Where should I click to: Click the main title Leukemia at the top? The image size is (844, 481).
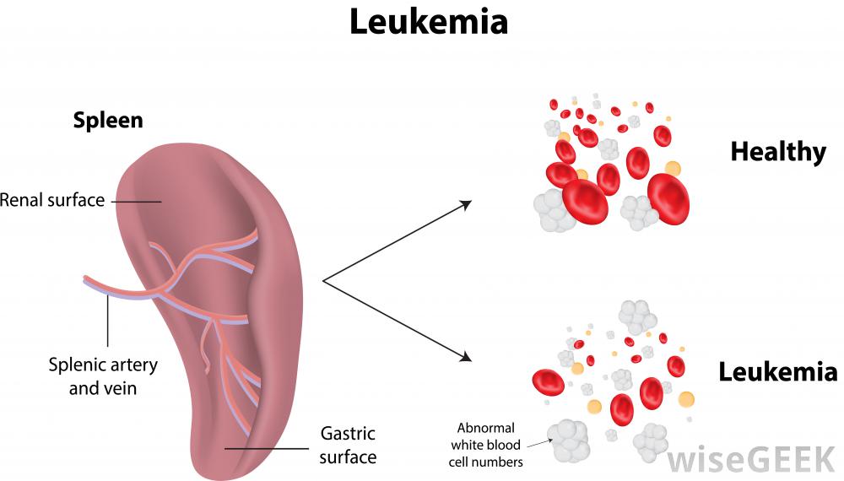coord(429,22)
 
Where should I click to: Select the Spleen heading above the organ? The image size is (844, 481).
coord(108,120)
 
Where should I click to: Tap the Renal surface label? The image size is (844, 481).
coord(52,201)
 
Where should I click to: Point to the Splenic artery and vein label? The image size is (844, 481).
coord(103,377)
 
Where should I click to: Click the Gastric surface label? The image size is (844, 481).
coord(348,446)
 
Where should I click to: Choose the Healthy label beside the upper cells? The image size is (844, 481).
coord(777,152)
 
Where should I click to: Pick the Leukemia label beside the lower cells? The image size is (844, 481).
coord(777,371)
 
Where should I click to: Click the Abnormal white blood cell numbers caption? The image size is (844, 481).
coord(487,445)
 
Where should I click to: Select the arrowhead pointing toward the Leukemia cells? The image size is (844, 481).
coord(465,358)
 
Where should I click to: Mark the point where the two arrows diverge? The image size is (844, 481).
coord(324,280)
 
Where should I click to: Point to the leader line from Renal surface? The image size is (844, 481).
coord(135,201)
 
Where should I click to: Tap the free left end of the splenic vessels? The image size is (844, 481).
coord(87,280)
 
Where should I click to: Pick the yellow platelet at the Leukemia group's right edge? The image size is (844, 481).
coord(686,399)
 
